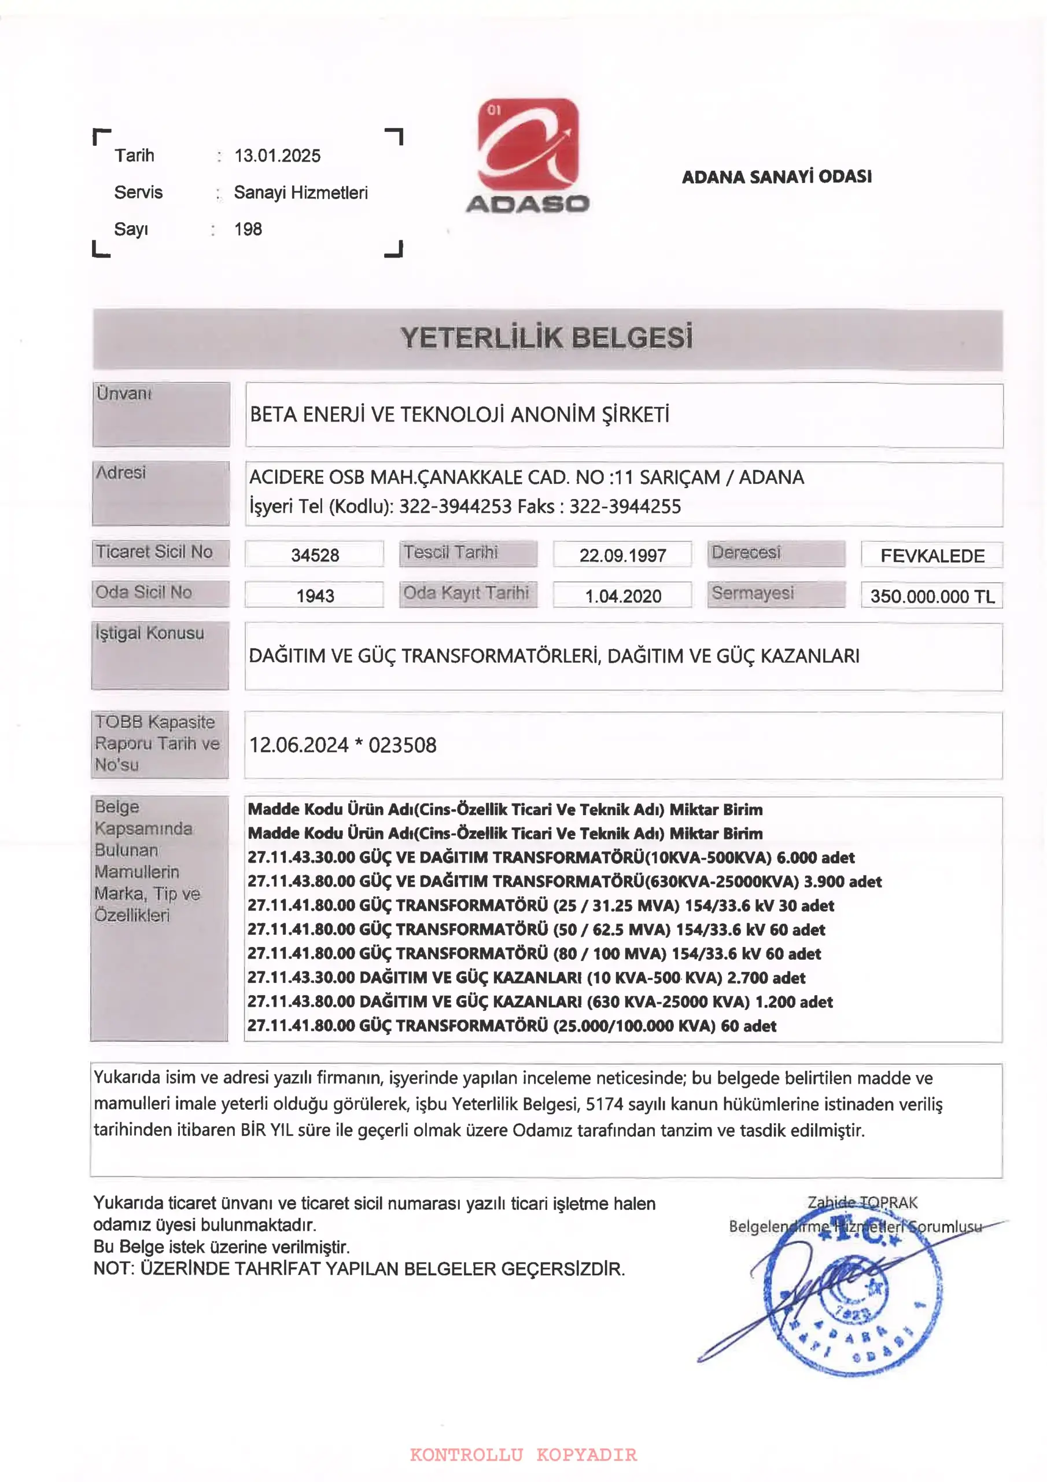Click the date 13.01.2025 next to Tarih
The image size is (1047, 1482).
278,156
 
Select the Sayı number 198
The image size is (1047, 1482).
248,229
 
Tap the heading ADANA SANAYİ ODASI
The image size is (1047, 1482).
777,177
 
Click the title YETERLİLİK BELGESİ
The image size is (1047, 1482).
547,338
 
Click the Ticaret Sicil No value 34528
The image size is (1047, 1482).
315,555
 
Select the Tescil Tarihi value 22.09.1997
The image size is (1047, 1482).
622,555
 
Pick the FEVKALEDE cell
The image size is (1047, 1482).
932,556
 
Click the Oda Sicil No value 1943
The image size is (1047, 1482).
315,596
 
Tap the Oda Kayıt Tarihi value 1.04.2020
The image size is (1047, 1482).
623,596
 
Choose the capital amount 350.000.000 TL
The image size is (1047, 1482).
932,596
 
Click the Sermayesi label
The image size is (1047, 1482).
752,593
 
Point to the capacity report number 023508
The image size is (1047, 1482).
403,746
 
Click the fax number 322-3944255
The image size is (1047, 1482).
625,507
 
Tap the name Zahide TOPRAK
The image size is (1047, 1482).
862,1202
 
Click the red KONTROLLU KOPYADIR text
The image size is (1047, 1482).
523,1454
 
